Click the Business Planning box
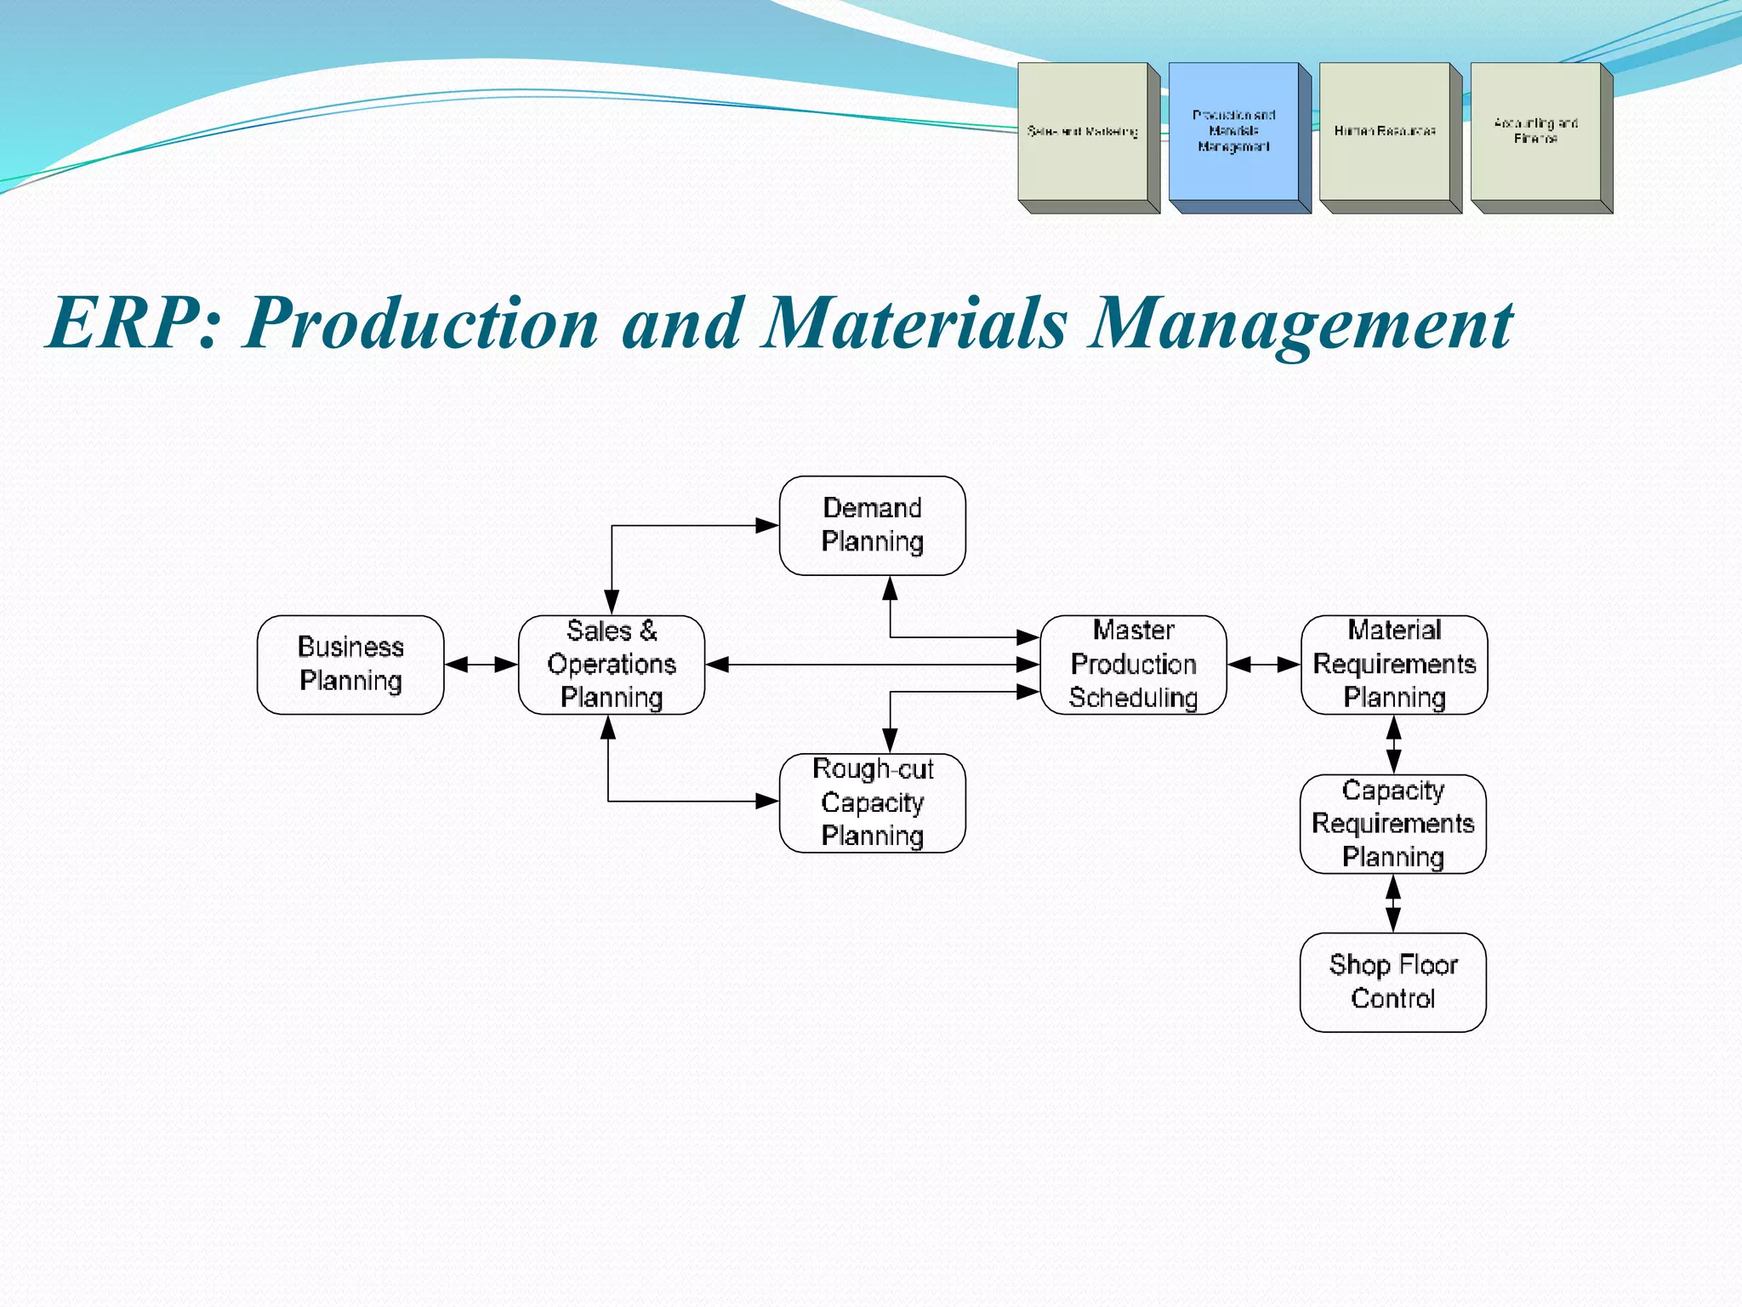click(x=350, y=665)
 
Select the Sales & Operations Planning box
click(x=612, y=665)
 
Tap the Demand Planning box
click(x=872, y=525)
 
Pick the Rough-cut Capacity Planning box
click(x=872, y=802)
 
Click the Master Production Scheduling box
click(x=1133, y=665)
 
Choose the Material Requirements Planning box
click(x=1394, y=665)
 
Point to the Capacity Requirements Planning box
click(x=1392, y=824)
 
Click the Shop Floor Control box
click(x=1392, y=982)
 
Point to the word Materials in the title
click(x=914, y=323)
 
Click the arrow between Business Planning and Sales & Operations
click(x=481, y=665)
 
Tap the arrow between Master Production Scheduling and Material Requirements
click(x=1264, y=665)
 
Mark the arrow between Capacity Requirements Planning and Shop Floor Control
click(x=1393, y=904)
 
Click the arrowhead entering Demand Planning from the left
click(x=767, y=526)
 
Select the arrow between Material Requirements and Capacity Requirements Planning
click(x=1393, y=745)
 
